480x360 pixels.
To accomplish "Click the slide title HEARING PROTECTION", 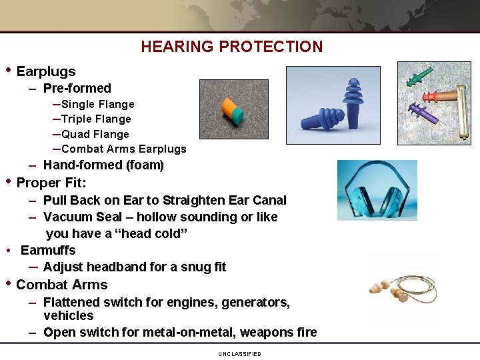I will pos(231,47).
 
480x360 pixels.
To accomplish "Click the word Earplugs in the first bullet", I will pos(46,71).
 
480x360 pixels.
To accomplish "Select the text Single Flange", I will pos(97,104).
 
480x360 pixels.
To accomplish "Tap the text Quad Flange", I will pos(95,134).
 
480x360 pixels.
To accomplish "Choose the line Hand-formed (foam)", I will pos(103,165).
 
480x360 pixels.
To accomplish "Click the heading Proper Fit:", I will pos(51,183).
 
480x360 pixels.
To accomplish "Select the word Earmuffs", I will pos(48,250).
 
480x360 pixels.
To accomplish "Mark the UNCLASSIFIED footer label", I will pos(239,354).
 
